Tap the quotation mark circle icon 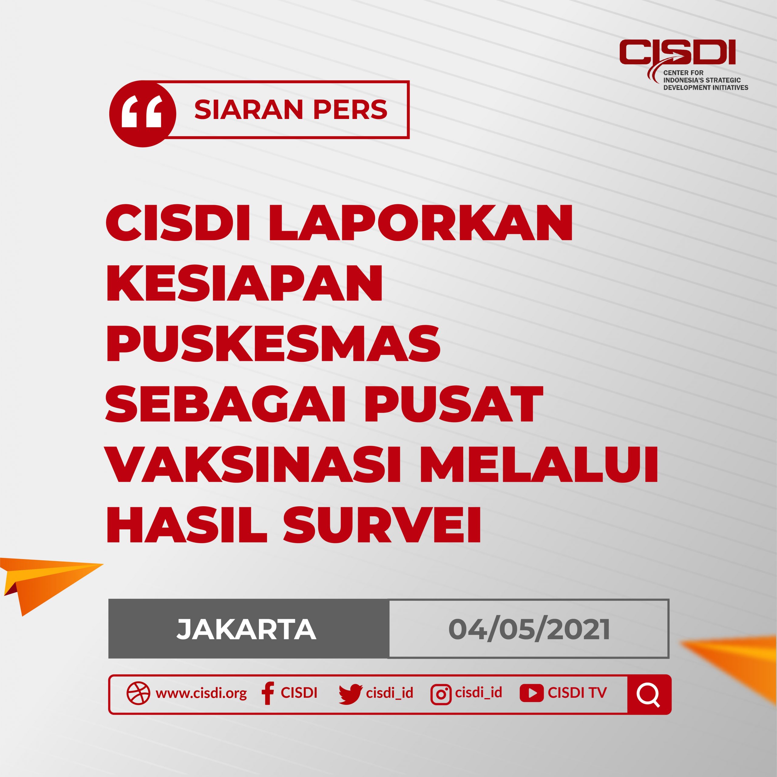tap(142, 114)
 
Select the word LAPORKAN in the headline tap(421, 223)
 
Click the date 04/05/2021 tap(529, 629)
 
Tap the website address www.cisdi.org tap(201, 693)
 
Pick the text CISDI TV tap(577, 693)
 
